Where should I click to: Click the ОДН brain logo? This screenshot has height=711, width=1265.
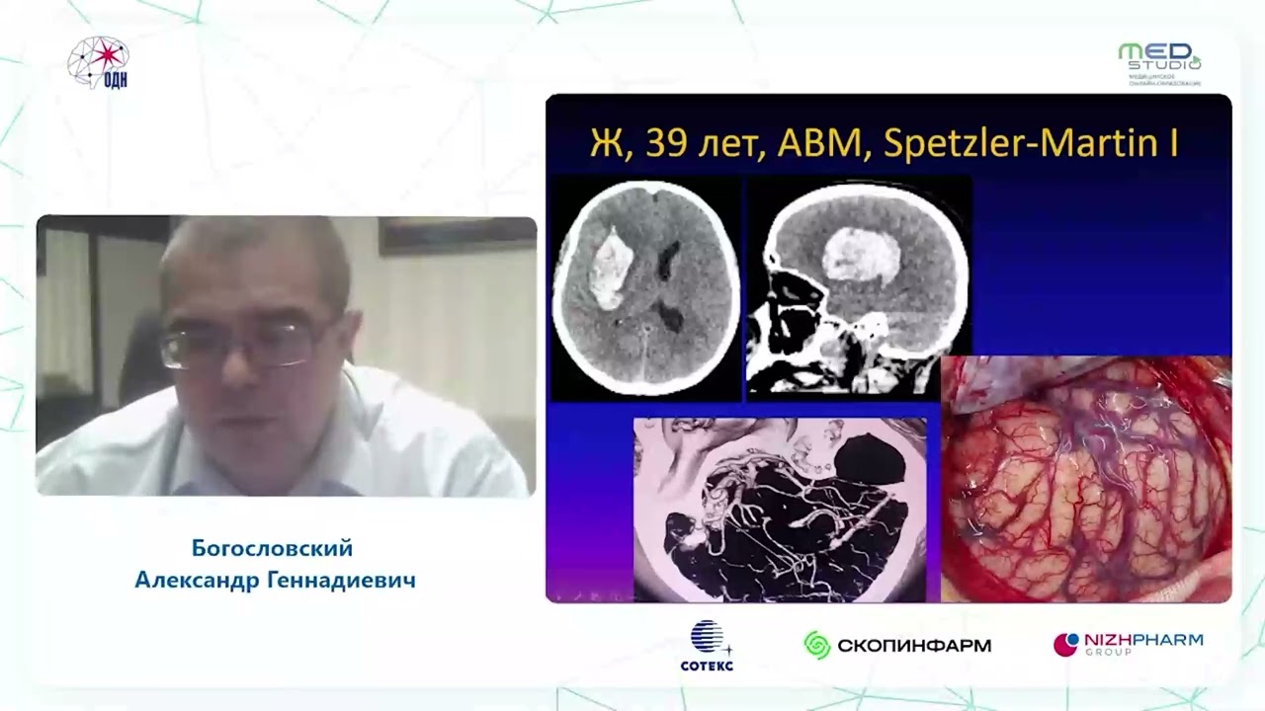click(99, 63)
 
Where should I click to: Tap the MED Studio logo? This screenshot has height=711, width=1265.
click(1159, 63)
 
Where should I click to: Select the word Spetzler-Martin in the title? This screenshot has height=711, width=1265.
click(1019, 144)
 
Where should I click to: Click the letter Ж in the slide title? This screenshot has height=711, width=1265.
click(605, 144)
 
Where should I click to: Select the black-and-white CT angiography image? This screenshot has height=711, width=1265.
click(780, 510)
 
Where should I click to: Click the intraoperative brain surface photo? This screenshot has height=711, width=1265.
click(1085, 479)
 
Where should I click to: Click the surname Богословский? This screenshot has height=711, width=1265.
click(272, 548)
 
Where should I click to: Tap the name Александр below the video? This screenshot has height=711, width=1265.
click(196, 580)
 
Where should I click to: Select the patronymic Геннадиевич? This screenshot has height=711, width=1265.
click(341, 580)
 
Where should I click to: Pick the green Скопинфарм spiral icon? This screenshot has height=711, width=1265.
click(816, 646)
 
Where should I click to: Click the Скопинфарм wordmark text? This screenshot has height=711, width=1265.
click(913, 646)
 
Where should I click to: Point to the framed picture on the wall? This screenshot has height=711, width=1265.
click(456, 235)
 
